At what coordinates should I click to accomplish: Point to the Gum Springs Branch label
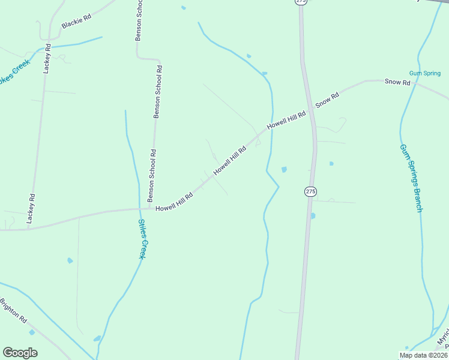click(411, 178)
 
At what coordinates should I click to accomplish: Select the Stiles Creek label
click(142, 239)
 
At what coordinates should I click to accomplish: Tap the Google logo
click(20, 353)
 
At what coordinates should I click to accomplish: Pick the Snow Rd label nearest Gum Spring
click(397, 82)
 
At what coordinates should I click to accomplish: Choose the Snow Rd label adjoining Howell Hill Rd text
click(327, 100)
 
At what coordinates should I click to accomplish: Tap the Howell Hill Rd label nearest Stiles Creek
click(174, 203)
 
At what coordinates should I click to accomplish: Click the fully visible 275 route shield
click(310, 191)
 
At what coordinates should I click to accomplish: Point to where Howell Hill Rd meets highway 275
click(311, 109)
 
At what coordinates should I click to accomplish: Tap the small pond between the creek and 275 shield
click(284, 169)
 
